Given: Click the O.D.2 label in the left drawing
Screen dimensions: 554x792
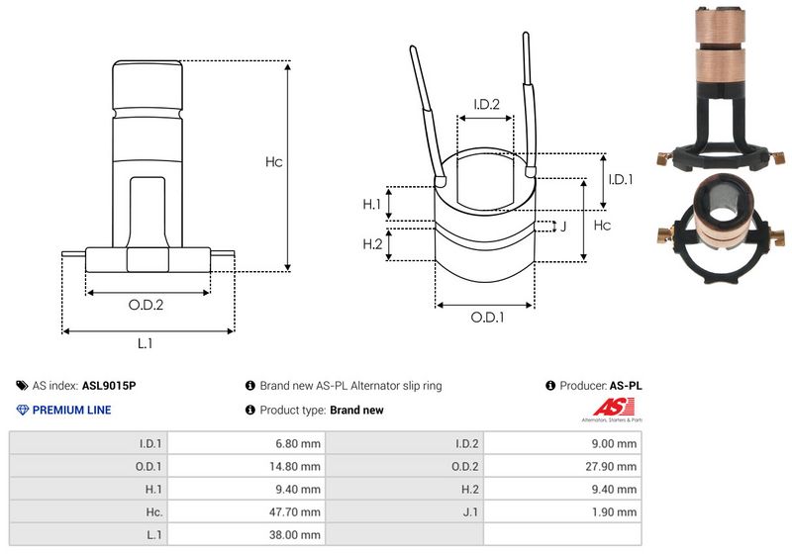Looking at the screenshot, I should tap(146, 305).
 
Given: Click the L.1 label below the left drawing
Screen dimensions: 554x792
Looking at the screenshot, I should tap(145, 343).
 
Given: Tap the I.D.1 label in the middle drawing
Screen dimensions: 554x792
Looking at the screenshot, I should tap(620, 179).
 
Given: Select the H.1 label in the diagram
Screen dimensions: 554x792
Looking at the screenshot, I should tap(371, 204).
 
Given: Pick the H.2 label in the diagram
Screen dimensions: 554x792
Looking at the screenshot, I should tap(371, 244).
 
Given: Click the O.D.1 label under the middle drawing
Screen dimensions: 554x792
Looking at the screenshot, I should tap(487, 318).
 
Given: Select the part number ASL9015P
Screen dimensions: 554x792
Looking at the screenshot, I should tap(108, 386).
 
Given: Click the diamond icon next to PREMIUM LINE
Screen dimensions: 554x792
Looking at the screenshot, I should tap(23, 410).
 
